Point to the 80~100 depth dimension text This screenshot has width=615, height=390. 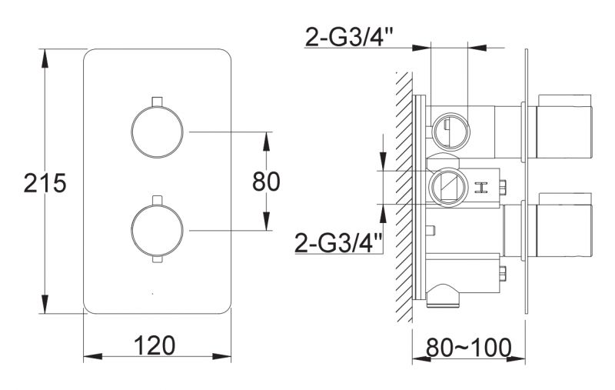click(x=468, y=348)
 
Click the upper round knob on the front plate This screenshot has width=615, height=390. click(x=157, y=132)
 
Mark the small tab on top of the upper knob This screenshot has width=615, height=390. click(x=157, y=101)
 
